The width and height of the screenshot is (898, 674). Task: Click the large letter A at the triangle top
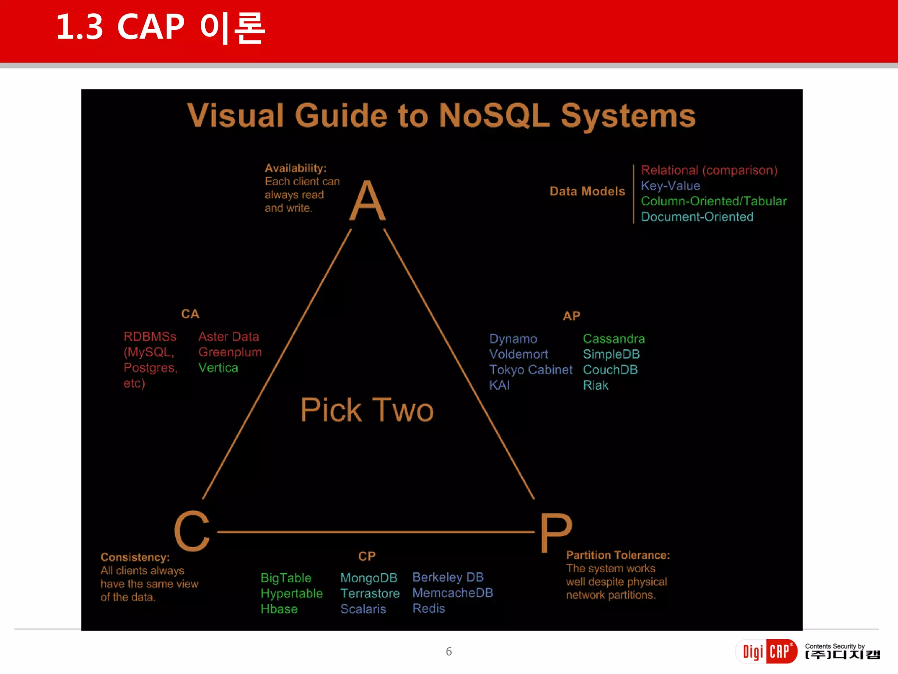[367, 201]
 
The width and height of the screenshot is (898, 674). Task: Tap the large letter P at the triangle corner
[556, 532]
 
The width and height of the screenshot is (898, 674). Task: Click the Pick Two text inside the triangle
[367, 410]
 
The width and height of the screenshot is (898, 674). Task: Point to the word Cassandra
[613, 339]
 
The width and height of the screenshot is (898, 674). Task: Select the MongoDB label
[369, 577]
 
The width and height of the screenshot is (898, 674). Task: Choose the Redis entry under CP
[428, 608]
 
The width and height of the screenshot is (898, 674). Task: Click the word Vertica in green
[218, 368]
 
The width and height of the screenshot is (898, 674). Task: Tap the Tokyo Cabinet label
[531, 369]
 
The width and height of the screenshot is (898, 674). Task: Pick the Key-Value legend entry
[670, 186]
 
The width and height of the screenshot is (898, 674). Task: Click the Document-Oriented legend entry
[697, 216]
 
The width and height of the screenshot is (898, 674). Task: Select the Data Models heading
[587, 191]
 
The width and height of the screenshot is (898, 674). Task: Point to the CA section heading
[190, 314]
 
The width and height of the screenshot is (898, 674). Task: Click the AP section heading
[571, 316]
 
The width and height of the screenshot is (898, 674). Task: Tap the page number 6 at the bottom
[449, 652]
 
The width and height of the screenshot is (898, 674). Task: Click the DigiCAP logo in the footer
[766, 652]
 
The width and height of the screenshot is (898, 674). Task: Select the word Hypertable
[292, 593]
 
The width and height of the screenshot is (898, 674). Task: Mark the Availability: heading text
[296, 168]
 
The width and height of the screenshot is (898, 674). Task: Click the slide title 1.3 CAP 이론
[160, 27]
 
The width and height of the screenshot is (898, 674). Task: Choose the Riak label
[595, 385]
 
